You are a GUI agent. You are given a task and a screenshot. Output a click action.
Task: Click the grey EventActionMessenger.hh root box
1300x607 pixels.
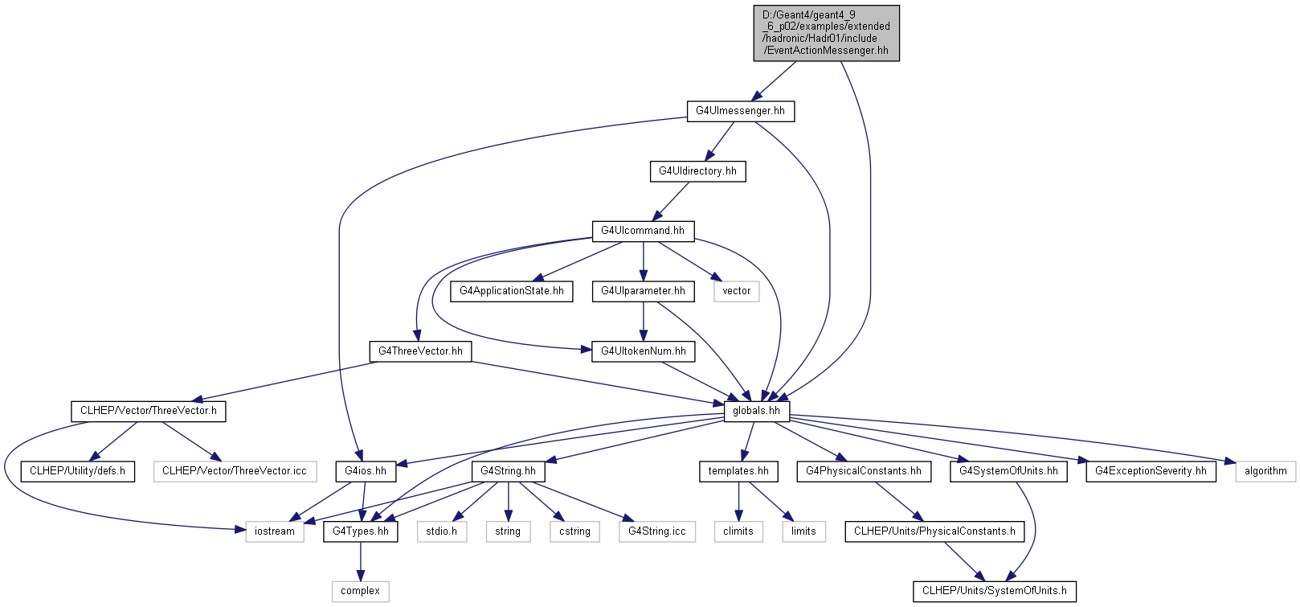(x=827, y=33)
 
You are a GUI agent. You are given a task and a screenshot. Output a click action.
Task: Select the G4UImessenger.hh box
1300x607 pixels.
(x=741, y=112)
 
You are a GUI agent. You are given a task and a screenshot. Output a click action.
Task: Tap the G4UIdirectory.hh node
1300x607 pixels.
(x=697, y=171)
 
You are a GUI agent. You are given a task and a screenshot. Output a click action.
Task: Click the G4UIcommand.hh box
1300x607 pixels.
(x=643, y=232)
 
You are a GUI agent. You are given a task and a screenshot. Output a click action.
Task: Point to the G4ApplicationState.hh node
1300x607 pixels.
(x=511, y=291)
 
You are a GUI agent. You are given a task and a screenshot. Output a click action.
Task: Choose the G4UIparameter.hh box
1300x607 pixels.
(x=643, y=291)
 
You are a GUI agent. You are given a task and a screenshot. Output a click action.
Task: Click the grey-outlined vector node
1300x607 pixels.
(x=737, y=291)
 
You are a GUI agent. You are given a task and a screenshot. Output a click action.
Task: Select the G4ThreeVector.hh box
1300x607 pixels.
(x=420, y=351)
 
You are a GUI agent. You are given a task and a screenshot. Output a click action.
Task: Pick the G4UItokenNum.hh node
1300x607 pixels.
(x=643, y=351)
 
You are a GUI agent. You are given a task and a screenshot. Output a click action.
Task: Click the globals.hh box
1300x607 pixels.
(x=757, y=412)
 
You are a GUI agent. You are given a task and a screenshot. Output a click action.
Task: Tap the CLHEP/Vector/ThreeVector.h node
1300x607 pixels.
(x=149, y=412)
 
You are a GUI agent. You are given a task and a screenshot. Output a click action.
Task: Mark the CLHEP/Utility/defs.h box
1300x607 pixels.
(x=78, y=471)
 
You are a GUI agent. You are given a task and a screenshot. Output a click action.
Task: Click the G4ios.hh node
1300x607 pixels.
(x=366, y=471)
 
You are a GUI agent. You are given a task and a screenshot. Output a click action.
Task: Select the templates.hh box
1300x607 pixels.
(x=739, y=471)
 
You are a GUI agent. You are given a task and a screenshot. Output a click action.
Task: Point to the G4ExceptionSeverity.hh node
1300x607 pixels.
(x=1151, y=471)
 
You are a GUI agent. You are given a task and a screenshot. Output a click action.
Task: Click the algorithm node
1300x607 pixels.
(x=1265, y=471)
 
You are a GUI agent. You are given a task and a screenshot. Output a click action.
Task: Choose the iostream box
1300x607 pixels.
(x=275, y=531)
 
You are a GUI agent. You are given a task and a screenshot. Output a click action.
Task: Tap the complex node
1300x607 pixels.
(x=361, y=591)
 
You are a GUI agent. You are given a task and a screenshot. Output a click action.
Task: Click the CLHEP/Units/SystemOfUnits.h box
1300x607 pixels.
(x=994, y=591)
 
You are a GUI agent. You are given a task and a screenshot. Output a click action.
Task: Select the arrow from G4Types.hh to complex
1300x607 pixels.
(x=361, y=562)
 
